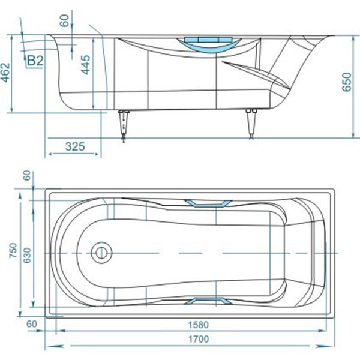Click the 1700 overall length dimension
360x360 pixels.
click(199, 339)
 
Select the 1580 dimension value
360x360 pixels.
click(199, 325)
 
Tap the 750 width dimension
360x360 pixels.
click(13, 250)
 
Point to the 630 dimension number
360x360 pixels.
click(28, 256)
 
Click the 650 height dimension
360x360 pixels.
click(347, 82)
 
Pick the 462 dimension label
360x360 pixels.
click(5, 73)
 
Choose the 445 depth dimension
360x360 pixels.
click(86, 65)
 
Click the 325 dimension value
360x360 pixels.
click(75, 146)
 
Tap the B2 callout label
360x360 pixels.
click(35, 61)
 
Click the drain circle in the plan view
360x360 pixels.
click(101, 253)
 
